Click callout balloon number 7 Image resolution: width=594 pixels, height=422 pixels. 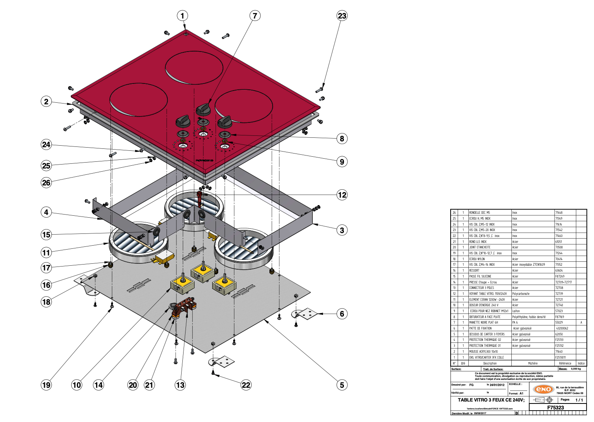[x=255, y=16]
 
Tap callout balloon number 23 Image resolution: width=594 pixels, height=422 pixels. [x=342, y=16]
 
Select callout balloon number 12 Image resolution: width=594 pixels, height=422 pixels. [x=342, y=195]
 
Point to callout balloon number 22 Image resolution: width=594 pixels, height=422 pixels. [x=246, y=385]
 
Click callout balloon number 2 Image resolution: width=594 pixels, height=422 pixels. [x=46, y=102]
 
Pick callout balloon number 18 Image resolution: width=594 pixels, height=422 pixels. [x=46, y=302]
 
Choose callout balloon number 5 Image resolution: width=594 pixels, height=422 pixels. [x=342, y=385]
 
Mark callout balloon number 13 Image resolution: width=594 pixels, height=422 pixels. [x=180, y=385]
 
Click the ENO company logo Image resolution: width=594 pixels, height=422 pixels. [x=542, y=389]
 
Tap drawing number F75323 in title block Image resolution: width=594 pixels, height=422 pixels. [x=555, y=408]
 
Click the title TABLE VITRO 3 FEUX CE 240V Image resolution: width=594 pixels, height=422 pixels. [x=491, y=400]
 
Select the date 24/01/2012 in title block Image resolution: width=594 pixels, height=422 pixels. [x=497, y=385]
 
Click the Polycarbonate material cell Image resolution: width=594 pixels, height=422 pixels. [x=521, y=294]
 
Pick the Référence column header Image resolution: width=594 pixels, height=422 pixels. [x=565, y=363]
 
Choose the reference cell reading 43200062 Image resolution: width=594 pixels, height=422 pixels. [x=562, y=328]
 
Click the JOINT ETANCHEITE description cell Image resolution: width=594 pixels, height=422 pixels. [x=479, y=247]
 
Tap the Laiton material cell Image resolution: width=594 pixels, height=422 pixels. [x=516, y=311]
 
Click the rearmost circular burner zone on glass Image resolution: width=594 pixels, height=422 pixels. [x=195, y=67]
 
